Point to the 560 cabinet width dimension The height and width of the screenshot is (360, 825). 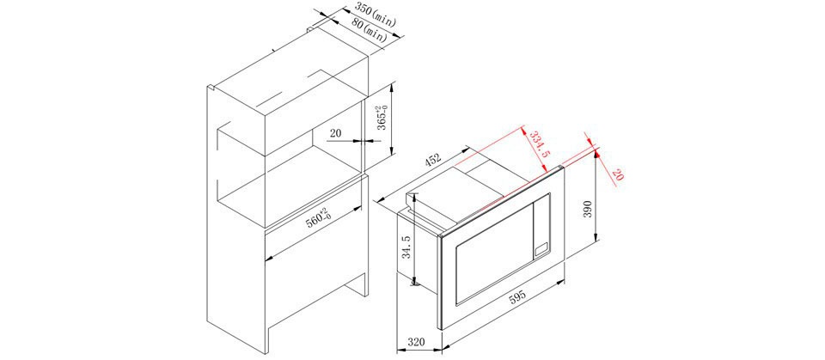pyautogui.click(x=317, y=218)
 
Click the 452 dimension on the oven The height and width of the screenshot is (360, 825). pyautogui.click(x=431, y=160)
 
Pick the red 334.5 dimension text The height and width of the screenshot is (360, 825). pyautogui.click(x=539, y=143)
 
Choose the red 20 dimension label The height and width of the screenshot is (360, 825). pyautogui.click(x=617, y=174)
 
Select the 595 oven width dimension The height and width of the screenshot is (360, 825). pyautogui.click(x=516, y=297)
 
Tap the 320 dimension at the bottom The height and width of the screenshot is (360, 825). pyautogui.click(x=417, y=341)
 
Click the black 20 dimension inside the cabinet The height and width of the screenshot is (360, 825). pyautogui.click(x=336, y=133)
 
